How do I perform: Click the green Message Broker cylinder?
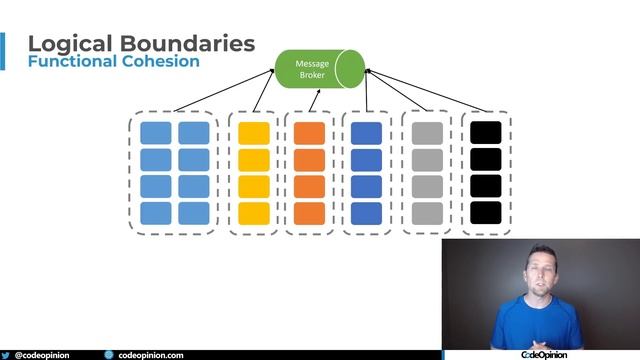(319, 68)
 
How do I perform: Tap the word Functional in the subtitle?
(70, 62)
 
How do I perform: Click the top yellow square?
(254, 133)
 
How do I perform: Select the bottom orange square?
(310, 213)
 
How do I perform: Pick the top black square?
(485, 133)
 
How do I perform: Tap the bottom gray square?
(427, 213)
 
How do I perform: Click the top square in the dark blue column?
(367, 133)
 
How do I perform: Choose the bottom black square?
(485, 213)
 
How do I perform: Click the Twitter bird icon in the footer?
(7, 355)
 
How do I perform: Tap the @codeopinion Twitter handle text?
(42, 355)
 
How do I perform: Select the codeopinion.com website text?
(151, 355)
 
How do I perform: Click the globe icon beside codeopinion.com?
(109, 355)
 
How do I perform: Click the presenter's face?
(540, 273)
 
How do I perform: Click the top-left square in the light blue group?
(156, 133)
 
